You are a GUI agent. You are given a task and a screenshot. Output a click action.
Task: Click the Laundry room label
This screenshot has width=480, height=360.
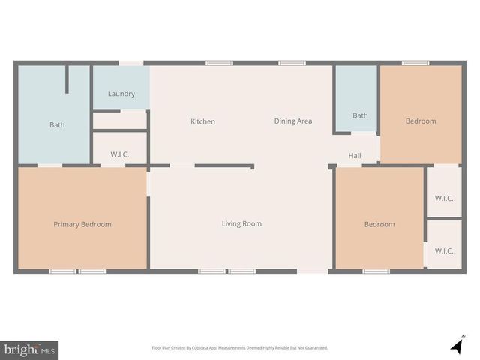click(121, 94)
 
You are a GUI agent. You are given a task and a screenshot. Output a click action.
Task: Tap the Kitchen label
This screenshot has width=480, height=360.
click(202, 121)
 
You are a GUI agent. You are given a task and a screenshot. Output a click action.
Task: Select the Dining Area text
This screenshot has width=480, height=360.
click(292, 121)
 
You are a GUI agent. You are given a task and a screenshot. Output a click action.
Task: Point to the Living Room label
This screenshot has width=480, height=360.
click(241, 223)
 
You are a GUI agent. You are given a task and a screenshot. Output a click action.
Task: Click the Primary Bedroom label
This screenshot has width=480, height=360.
click(82, 224)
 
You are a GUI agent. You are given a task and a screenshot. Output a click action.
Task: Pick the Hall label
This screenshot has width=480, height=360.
click(355, 156)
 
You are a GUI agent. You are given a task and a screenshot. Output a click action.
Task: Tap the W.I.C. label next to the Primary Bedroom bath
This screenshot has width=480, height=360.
click(120, 154)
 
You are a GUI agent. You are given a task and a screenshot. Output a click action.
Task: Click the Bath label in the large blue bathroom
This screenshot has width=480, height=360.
click(57, 125)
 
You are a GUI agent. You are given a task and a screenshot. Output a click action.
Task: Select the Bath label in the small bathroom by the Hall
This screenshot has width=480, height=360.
click(360, 115)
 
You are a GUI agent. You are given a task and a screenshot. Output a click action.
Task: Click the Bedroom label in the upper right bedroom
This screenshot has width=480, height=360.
click(420, 121)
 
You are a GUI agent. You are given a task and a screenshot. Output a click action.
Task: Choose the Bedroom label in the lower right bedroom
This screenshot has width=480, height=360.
click(379, 224)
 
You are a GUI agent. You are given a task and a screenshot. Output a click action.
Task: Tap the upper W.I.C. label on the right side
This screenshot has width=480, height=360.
click(444, 199)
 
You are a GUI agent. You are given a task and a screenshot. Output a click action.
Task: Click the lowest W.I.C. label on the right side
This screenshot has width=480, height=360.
click(444, 250)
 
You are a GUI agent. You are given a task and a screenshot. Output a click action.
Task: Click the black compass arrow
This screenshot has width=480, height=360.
click(456, 346)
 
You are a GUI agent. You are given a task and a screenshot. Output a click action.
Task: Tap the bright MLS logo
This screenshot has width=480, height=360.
click(30, 349)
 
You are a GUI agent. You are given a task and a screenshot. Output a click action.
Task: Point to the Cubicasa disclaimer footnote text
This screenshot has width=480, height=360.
click(240, 348)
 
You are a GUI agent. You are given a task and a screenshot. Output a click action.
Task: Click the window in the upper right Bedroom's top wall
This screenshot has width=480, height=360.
click(415, 63)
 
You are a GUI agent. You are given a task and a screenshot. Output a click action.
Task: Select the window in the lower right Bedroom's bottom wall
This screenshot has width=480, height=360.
click(376, 271)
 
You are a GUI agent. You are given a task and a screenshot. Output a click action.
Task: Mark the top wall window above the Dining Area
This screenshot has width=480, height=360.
click(292, 63)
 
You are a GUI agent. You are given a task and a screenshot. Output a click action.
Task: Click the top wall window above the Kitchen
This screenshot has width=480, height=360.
click(219, 63)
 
